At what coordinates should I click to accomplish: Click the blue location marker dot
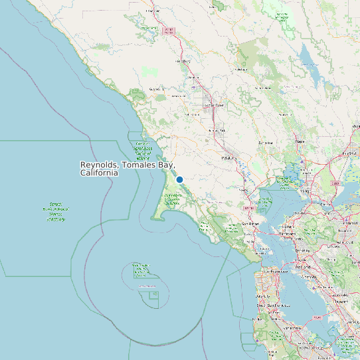(179, 179)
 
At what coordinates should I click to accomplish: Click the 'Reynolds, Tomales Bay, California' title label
(127, 168)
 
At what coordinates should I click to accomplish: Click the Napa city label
(300, 141)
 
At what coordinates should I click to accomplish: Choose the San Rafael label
(250, 223)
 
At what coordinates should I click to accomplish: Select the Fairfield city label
(347, 154)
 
